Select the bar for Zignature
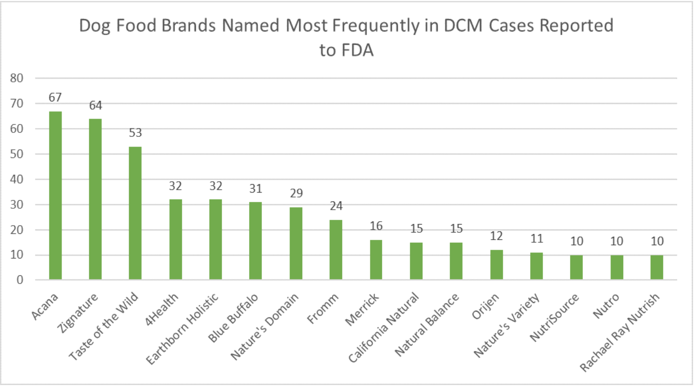[x=95, y=199]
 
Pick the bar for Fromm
[x=336, y=250]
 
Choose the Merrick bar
[x=376, y=260]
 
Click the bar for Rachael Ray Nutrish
[x=657, y=267]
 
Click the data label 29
[x=296, y=193]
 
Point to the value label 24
[x=336, y=205]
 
